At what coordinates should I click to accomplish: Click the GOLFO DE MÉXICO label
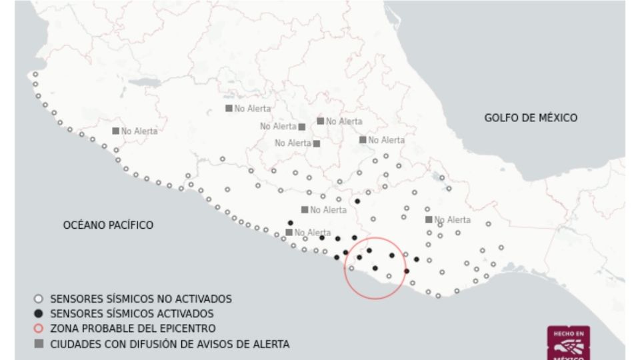point(531,118)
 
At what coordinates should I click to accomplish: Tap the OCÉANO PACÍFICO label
point(108,225)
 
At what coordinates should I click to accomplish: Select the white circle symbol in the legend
point(38,299)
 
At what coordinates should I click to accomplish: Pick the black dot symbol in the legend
point(38,313)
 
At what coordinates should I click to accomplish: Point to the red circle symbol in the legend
point(38,329)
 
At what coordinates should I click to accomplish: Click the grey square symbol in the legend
point(38,344)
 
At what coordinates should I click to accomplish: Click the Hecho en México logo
point(568,343)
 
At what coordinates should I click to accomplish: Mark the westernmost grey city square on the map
point(116,131)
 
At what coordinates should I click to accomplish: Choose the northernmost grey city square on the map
point(229,108)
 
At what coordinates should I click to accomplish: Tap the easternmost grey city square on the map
point(429,219)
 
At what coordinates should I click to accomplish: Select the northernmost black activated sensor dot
point(357,201)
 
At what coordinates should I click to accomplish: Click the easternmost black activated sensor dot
point(417,259)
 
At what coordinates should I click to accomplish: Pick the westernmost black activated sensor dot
point(290,223)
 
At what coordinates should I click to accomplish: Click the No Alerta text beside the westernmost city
point(139,131)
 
